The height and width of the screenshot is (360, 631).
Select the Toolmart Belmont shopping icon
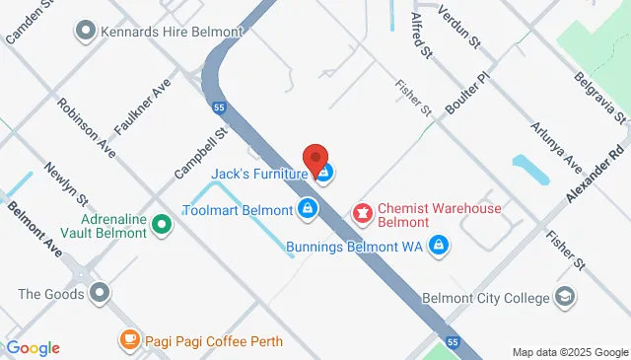(308, 209)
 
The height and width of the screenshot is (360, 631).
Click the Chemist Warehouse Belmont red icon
(363, 210)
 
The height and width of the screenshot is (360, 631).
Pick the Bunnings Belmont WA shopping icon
(441, 246)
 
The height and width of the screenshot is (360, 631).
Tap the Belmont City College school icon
(565, 296)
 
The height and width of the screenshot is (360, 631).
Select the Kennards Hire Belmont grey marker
(85, 32)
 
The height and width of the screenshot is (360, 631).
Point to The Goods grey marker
(100, 293)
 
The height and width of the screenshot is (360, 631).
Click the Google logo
(32, 347)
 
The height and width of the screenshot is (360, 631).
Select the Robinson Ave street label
(85, 127)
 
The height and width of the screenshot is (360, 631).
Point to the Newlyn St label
(66, 185)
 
